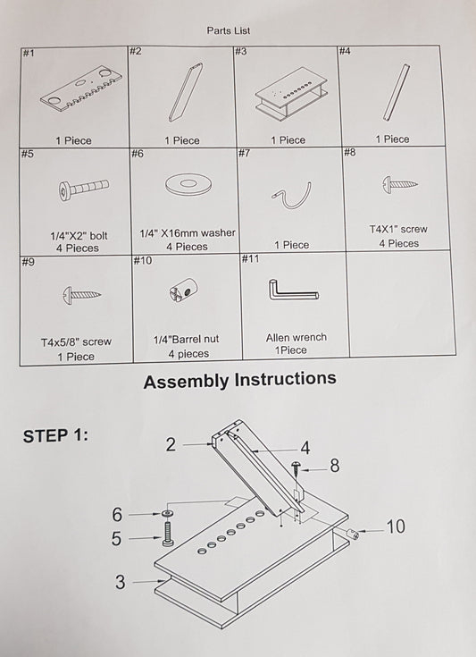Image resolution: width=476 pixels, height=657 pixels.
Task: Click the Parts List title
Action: (x=228, y=30)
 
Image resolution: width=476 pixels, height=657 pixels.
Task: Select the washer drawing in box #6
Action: (x=187, y=184)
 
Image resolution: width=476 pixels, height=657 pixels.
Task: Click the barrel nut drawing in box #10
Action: (x=184, y=289)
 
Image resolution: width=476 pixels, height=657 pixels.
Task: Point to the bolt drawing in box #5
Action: (x=84, y=189)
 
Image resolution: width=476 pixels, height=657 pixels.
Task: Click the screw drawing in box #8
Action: (x=400, y=183)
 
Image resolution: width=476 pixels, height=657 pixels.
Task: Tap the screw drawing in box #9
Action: (x=81, y=295)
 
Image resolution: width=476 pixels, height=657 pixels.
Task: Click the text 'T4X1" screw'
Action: (x=398, y=229)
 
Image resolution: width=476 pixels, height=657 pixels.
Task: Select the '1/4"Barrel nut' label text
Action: (x=187, y=339)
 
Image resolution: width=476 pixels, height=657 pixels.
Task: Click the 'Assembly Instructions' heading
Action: (x=240, y=380)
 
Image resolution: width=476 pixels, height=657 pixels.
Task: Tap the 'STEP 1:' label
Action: (x=55, y=436)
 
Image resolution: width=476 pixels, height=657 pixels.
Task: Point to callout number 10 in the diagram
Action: (x=396, y=526)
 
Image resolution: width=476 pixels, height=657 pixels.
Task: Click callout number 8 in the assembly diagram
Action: (x=335, y=466)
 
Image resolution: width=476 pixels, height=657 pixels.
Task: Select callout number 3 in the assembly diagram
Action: (x=121, y=582)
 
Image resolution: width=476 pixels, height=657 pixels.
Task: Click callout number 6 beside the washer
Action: (x=117, y=515)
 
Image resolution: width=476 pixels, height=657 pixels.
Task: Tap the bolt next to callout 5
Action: (x=168, y=535)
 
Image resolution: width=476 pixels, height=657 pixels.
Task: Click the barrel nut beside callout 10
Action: (x=353, y=535)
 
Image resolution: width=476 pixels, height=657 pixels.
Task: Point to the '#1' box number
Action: (x=29, y=53)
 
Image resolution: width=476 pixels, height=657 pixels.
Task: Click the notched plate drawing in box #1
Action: (x=80, y=88)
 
